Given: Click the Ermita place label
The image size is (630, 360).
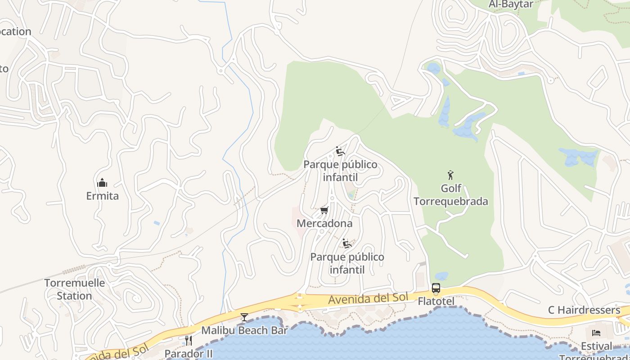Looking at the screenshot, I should (x=102, y=196).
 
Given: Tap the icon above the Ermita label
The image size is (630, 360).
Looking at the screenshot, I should (x=102, y=183).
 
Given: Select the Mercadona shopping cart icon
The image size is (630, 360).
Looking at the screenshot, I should (x=324, y=210).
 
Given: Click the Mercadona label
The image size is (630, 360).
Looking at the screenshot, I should (x=324, y=223).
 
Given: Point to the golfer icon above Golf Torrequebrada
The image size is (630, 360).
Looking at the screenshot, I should (x=450, y=175).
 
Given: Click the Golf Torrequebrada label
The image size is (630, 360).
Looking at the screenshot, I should (x=450, y=195).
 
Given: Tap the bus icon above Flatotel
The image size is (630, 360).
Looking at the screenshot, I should (x=436, y=288).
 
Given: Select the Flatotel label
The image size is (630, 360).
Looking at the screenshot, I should (x=436, y=301).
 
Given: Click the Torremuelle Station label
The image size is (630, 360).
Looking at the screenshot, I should (x=74, y=289).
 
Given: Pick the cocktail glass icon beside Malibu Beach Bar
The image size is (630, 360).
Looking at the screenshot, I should (x=244, y=317).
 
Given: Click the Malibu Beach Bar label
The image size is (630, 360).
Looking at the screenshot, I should (x=244, y=330).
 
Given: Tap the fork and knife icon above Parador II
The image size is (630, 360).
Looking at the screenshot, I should (x=189, y=340).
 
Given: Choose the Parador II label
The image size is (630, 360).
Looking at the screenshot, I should (x=189, y=353).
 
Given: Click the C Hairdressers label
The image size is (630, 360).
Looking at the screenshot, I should (x=584, y=310).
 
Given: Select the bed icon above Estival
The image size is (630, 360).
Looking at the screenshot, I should (x=596, y=333).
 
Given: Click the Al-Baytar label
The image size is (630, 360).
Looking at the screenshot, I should (x=511, y=4).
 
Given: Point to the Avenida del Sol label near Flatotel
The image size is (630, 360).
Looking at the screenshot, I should (x=368, y=298).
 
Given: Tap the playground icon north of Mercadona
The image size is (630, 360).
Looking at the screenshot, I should (x=340, y=151).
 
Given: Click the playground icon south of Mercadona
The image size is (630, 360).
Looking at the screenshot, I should (x=346, y=243).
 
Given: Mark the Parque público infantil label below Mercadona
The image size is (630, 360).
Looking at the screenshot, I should (x=347, y=263).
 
